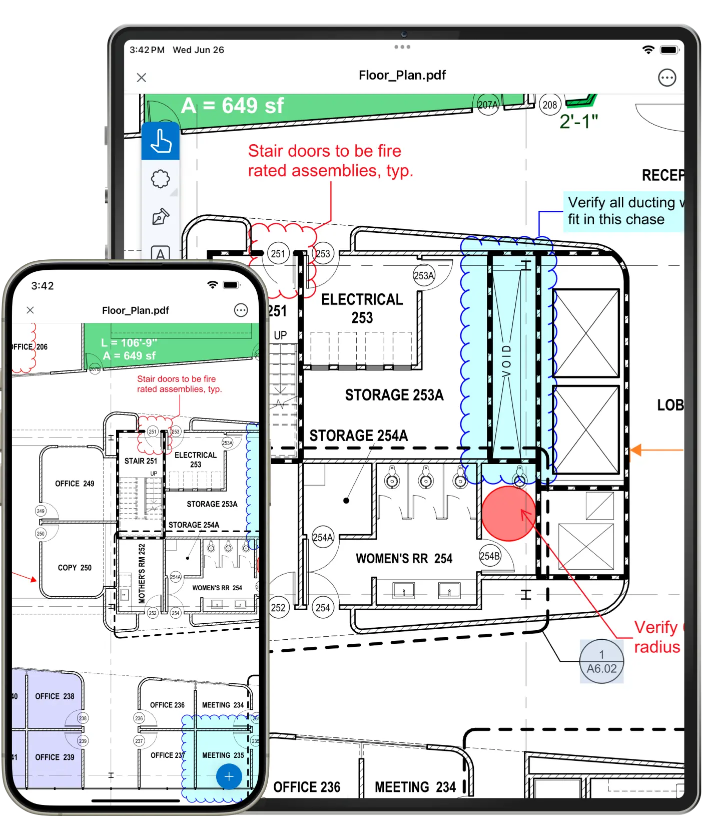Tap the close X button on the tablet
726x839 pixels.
click(142, 78)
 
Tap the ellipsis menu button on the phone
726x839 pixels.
click(241, 310)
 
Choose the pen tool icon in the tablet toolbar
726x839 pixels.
click(160, 217)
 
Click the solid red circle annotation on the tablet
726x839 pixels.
click(508, 514)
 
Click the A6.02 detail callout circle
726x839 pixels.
click(601, 661)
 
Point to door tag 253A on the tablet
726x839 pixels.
click(424, 275)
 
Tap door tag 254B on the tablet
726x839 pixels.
click(489, 556)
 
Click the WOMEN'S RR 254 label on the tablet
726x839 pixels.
click(404, 559)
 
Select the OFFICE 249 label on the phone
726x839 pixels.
click(75, 484)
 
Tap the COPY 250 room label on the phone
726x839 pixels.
click(75, 568)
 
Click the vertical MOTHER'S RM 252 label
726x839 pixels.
click(142, 573)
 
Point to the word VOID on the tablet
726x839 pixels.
click(506, 361)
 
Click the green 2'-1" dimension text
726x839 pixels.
click(578, 122)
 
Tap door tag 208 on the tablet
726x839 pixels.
click(549, 105)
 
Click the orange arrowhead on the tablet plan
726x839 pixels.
click(635, 450)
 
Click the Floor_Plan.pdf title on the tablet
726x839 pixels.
click(402, 75)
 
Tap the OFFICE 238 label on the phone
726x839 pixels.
click(55, 696)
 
